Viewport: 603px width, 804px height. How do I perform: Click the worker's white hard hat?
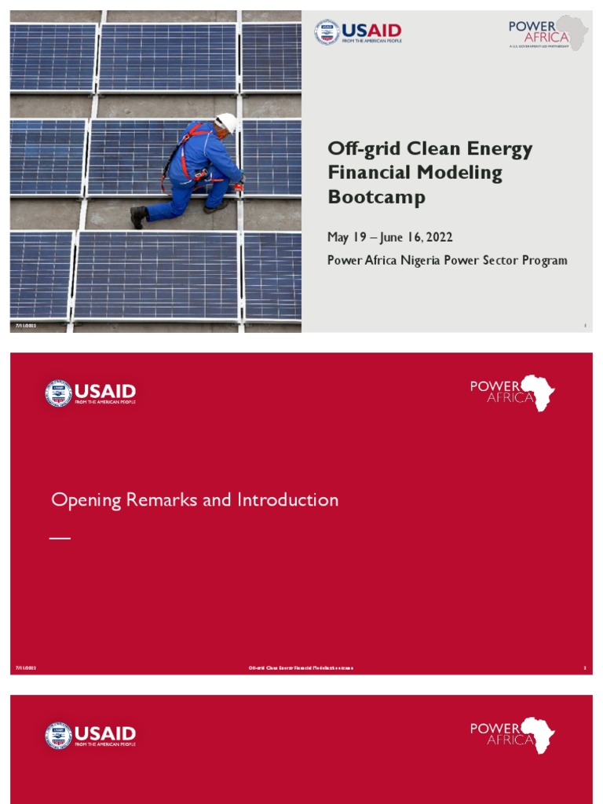click(226, 122)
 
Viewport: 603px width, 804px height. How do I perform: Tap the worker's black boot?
click(138, 216)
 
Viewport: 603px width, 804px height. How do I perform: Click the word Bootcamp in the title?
click(366, 197)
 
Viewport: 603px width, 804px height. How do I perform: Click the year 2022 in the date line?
click(438, 237)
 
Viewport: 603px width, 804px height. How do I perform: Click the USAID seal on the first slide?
click(327, 32)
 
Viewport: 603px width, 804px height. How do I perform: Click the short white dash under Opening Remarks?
click(60, 538)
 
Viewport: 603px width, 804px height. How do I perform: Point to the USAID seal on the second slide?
click(58, 393)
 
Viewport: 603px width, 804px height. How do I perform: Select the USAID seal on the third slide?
click(58, 735)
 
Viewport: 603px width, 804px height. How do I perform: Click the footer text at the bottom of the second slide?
click(301, 668)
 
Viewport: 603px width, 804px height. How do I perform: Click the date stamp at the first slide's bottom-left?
click(26, 325)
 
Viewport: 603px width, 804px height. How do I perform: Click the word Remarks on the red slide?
click(166, 500)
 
